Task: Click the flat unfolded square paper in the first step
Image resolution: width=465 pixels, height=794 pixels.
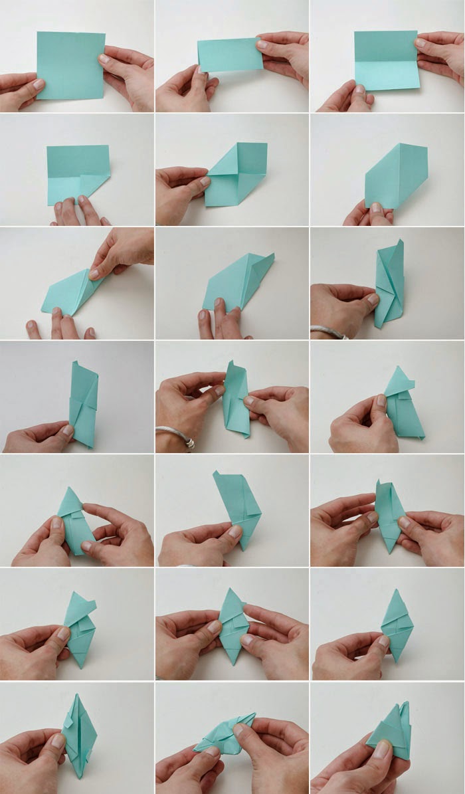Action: click(x=70, y=65)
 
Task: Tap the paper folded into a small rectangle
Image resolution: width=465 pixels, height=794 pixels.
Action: click(x=229, y=54)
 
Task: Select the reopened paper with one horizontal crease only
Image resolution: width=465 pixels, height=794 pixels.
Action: click(x=386, y=60)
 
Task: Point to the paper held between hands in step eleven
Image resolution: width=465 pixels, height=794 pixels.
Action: click(x=236, y=399)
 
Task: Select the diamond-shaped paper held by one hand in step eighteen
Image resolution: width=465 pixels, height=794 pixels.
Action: click(x=397, y=625)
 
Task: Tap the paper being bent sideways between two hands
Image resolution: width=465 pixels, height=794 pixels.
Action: click(x=226, y=734)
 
